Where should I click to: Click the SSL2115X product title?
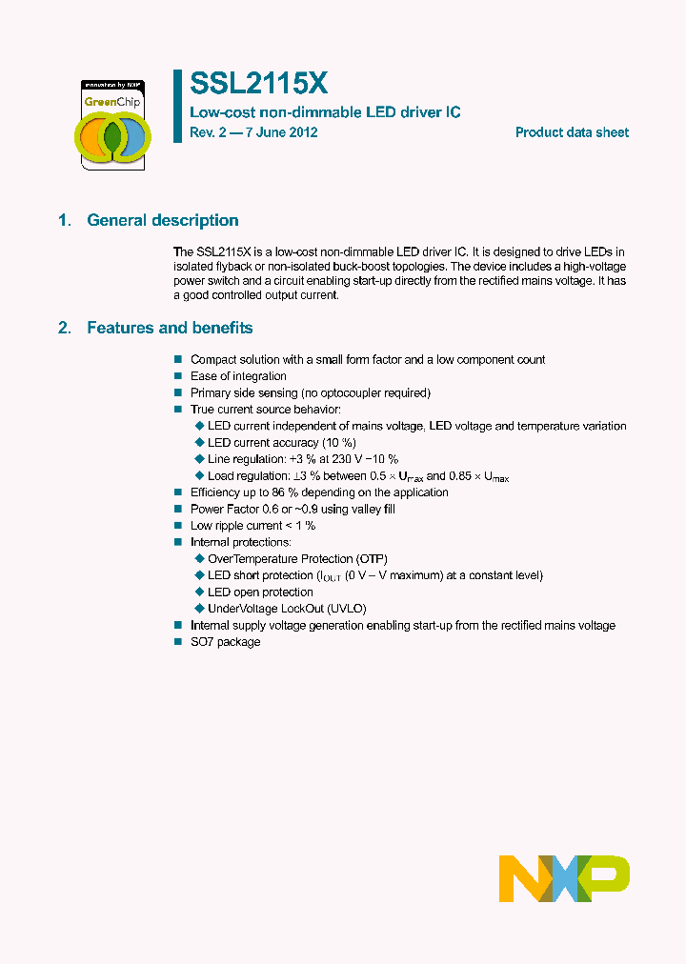pyautogui.click(x=259, y=85)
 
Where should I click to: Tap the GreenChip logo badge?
pyautogui.click(x=112, y=124)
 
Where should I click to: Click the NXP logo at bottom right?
pyautogui.click(x=564, y=878)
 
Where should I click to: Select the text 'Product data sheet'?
pyautogui.click(x=572, y=132)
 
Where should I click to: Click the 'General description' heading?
pyautogui.click(x=163, y=220)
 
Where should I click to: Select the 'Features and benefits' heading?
pyautogui.click(x=170, y=328)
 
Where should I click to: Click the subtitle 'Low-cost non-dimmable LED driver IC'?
pyautogui.click(x=325, y=112)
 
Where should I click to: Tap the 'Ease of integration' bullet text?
pyautogui.click(x=238, y=376)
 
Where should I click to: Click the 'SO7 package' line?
pyautogui.click(x=225, y=642)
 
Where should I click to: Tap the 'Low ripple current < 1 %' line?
pyautogui.click(x=252, y=526)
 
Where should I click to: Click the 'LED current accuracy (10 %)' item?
pyautogui.click(x=281, y=443)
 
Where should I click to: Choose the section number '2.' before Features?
pyautogui.click(x=65, y=328)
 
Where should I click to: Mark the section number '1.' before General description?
pyautogui.click(x=65, y=220)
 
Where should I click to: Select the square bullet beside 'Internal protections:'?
pyautogui.click(x=177, y=542)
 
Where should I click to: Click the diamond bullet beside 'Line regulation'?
pyautogui.click(x=199, y=459)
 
